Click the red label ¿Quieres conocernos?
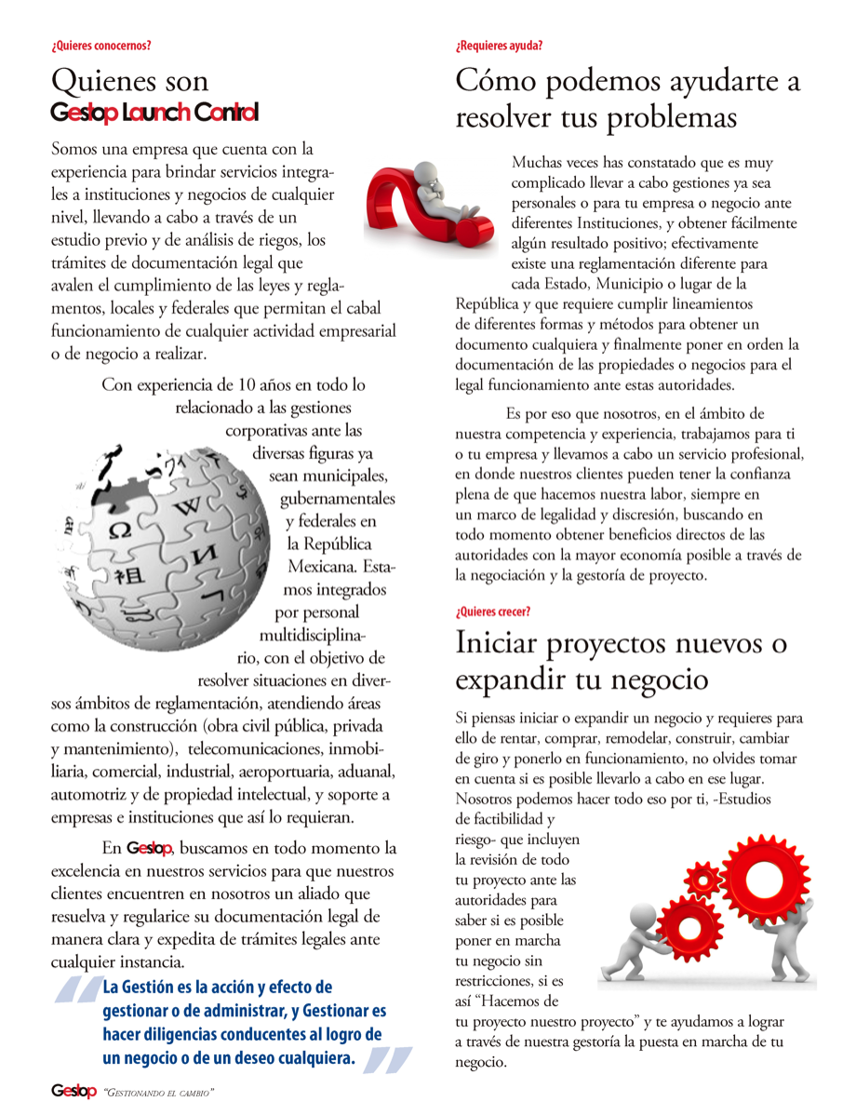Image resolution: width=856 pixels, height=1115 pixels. point(100,45)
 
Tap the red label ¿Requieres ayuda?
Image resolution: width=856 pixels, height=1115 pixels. point(499,45)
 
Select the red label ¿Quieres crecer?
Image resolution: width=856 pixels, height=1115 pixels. point(493,611)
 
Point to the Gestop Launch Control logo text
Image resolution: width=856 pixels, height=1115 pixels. point(154,113)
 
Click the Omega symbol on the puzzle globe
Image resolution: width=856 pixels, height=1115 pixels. point(120,532)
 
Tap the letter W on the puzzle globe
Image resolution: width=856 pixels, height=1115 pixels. point(189,507)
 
